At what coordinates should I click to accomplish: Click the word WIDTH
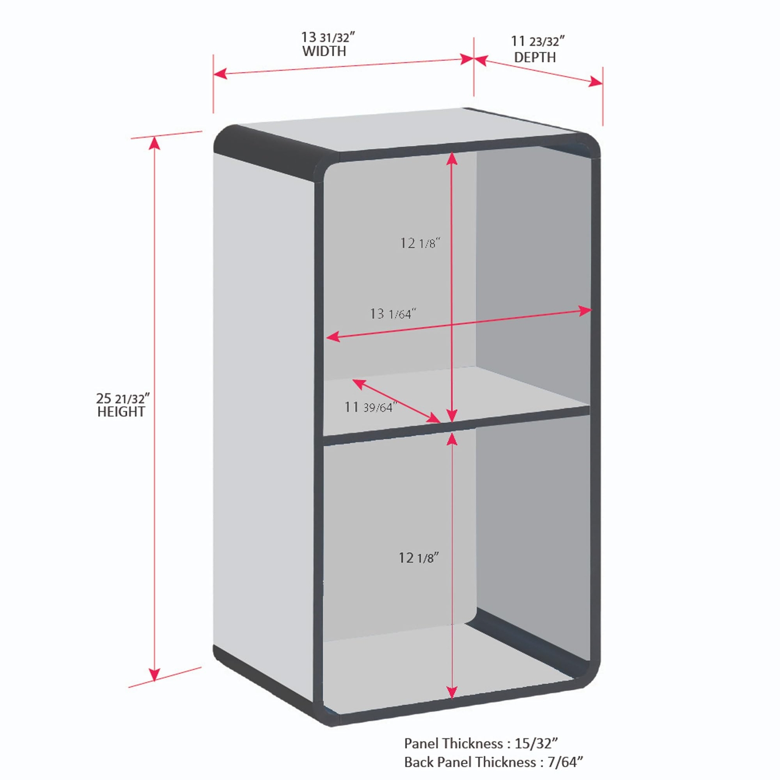pos(324,51)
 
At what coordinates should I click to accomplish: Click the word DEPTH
pos(535,57)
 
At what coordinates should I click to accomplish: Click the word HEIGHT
pos(121,412)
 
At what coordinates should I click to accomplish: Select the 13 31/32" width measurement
pos(328,37)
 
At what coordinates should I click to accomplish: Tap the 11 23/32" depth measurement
pos(538,41)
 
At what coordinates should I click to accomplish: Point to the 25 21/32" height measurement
pos(123,398)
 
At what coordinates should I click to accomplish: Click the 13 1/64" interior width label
pos(393,313)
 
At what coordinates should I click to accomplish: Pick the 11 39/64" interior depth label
pos(370,407)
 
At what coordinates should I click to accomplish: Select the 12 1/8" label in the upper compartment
pos(420,243)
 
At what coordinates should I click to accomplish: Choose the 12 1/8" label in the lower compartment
pos(419,558)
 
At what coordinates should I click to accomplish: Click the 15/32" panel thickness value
pos(536,743)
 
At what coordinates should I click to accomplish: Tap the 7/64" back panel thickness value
pos(565,762)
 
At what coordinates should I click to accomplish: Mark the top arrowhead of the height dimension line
pos(155,142)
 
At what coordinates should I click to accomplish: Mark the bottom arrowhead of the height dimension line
pos(155,674)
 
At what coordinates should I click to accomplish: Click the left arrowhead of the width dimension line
pos(220,74)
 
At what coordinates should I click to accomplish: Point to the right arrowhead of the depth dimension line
pos(596,81)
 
